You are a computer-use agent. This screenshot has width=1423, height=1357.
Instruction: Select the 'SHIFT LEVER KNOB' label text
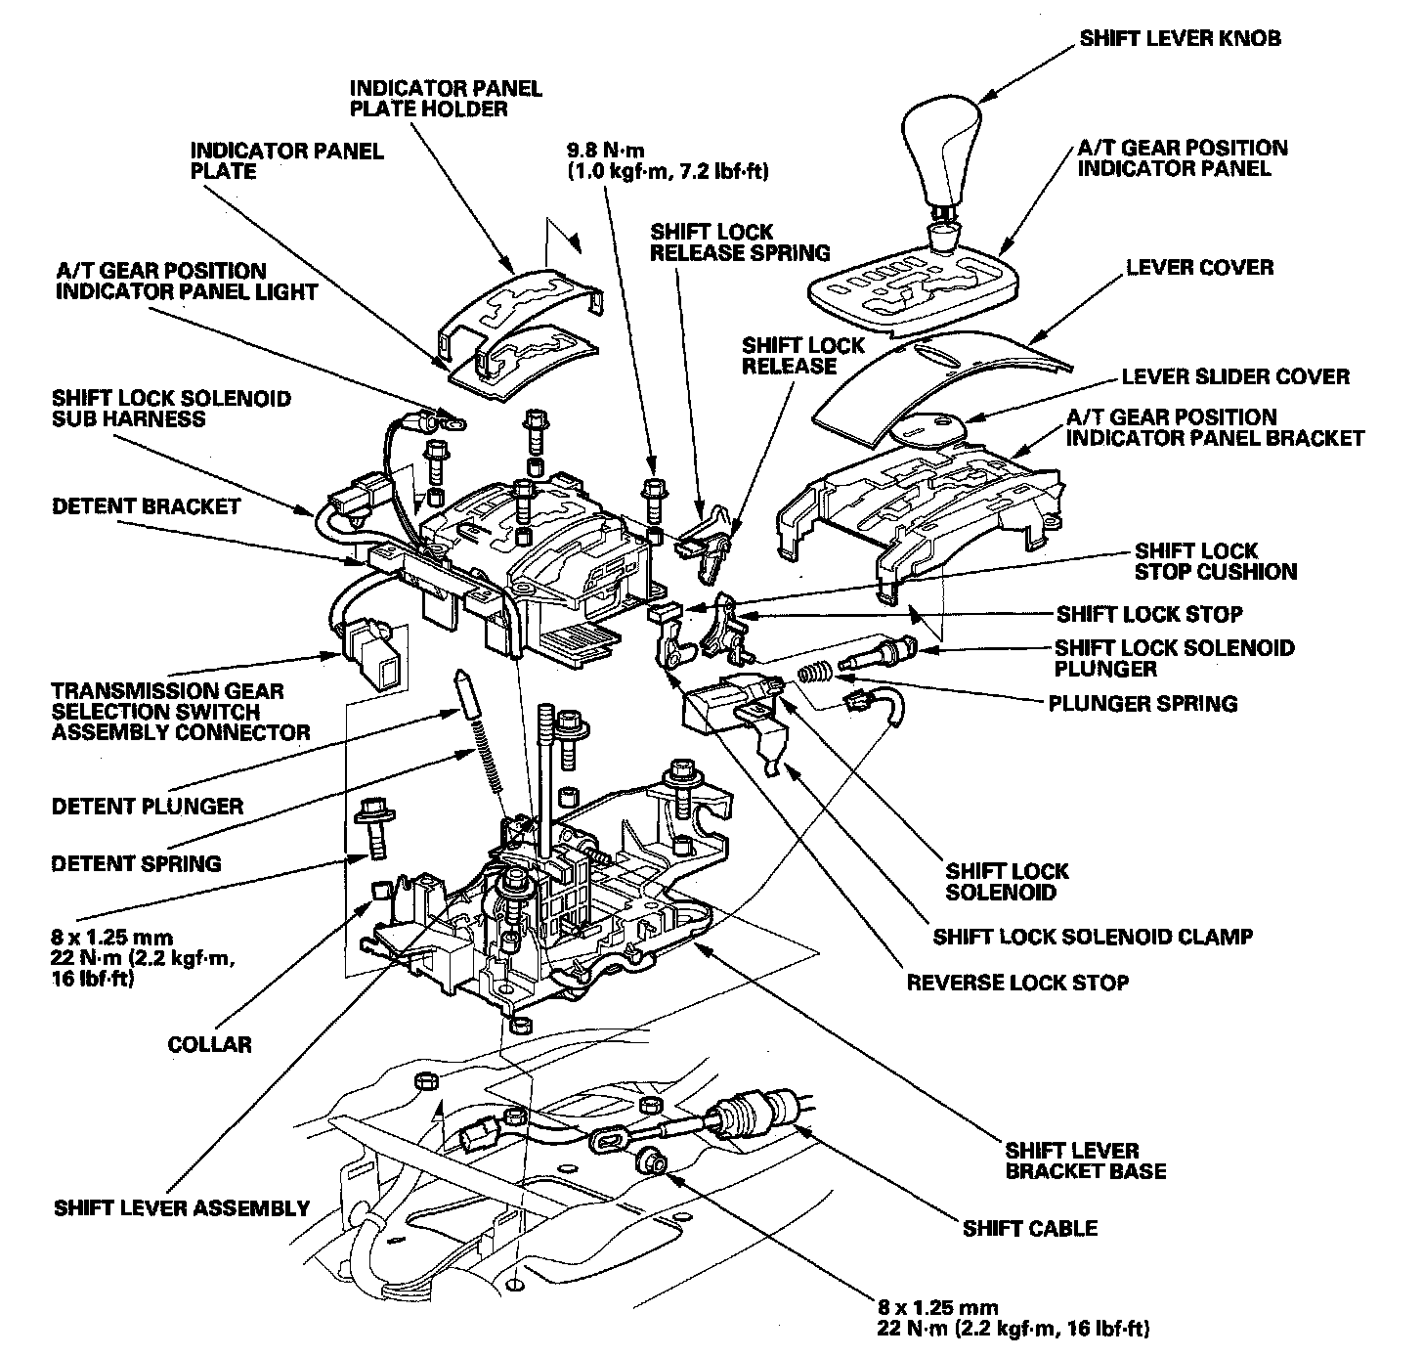tap(1180, 39)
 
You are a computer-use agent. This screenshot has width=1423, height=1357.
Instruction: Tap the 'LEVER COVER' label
tap(1199, 267)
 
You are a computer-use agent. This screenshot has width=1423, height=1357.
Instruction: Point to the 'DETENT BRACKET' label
tap(147, 506)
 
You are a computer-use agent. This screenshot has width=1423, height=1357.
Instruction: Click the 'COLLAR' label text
tap(209, 1044)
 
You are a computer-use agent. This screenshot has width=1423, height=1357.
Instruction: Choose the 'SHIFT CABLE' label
tap(1030, 1229)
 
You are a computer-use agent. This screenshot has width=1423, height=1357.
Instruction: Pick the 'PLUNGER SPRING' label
tap(1143, 703)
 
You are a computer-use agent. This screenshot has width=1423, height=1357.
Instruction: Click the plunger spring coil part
tap(814, 674)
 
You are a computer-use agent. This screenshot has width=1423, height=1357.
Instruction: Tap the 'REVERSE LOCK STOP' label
tap(1017, 982)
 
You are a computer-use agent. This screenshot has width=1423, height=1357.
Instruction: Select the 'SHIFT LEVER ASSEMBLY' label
tap(182, 1207)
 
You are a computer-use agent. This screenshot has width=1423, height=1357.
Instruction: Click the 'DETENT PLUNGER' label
tap(147, 807)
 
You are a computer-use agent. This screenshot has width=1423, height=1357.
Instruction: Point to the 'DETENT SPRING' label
tap(136, 863)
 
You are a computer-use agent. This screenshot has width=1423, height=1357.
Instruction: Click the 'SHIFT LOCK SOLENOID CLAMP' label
tap(1093, 937)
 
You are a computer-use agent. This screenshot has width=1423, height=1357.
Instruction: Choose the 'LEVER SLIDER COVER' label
tap(1235, 376)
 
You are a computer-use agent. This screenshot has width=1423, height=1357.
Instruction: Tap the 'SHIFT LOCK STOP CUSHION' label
tap(1215, 561)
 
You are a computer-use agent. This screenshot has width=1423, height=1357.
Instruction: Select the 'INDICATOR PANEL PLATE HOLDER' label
tap(446, 98)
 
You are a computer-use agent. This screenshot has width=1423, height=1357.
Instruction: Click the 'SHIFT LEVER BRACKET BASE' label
tap(1085, 1160)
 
